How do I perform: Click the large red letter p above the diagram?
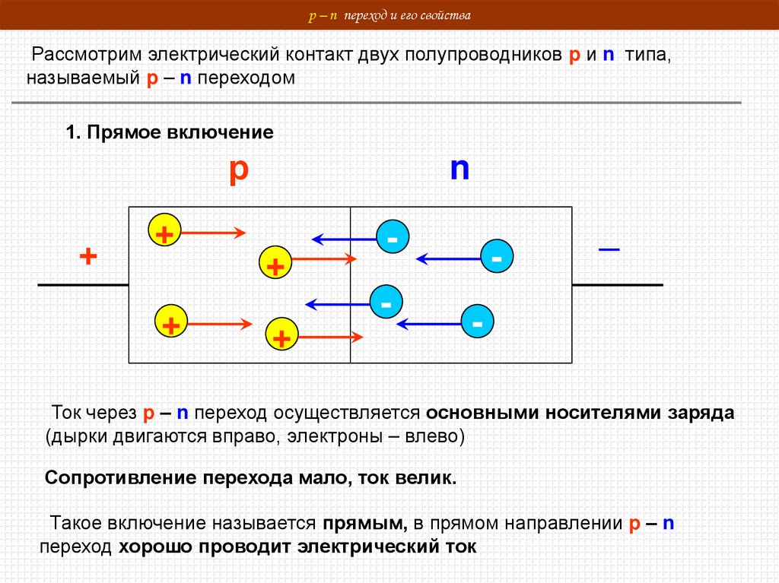point(239,171)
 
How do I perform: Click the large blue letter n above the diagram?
point(459,169)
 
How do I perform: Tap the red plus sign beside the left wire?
point(88,256)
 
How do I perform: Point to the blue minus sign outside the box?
point(609,249)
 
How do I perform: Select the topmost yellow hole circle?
point(164,232)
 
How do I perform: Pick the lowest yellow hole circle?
point(281,336)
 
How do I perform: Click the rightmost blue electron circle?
point(497,258)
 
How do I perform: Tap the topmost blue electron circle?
point(393,239)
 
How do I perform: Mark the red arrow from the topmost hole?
point(212,233)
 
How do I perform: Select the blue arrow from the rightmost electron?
point(448,259)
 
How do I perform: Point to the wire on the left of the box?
point(82,284)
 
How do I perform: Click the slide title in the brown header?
point(389,14)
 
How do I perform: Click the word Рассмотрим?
point(84,57)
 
